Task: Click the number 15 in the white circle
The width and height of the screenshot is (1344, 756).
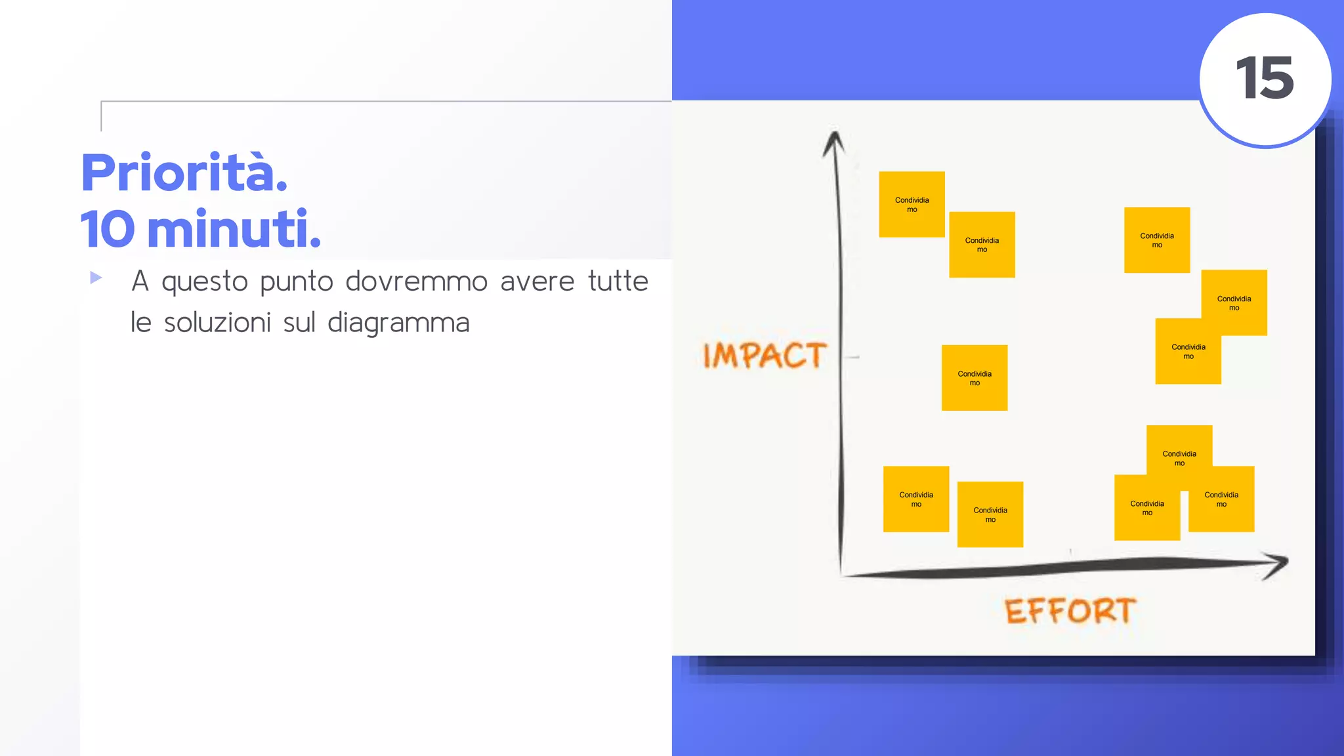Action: [1265, 78]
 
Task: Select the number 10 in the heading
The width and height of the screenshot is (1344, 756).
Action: [107, 229]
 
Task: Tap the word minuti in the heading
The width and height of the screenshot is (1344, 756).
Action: [234, 229]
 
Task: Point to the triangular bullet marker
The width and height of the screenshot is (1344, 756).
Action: [96, 278]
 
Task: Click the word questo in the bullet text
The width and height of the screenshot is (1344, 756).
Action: [205, 282]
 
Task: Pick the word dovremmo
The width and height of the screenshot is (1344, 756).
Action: [416, 282]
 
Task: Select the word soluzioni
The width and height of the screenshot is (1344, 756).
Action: [217, 323]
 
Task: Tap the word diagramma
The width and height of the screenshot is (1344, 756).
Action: [398, 324]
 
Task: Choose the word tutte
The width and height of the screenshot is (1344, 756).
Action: [618, 281]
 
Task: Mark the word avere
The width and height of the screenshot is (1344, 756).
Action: [537, 282]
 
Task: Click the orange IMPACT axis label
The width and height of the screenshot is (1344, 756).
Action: [765, 356]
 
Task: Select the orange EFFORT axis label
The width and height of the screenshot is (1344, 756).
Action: [1070, 611]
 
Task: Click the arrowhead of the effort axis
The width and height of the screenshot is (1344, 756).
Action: [1277, 564]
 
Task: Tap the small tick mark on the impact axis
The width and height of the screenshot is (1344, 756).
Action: [852, 357]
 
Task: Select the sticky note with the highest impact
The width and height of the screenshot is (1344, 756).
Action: [912, 204]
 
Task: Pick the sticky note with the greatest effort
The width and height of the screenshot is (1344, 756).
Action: [1234, 303]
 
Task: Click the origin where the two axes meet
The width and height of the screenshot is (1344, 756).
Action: [842, 574]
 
